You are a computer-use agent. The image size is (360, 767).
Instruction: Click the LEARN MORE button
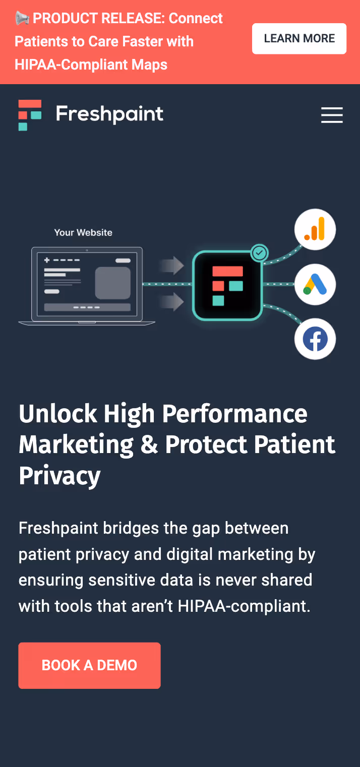[299, 38]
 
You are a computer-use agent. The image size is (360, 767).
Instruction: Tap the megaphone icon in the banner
[22, 18]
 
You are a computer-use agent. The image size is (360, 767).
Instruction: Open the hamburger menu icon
[332, 115]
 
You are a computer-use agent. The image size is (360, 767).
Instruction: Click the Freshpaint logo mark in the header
[30, 115]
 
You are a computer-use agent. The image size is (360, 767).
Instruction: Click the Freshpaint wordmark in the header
[109, 114]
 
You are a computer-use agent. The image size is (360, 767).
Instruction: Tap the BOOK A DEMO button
[89, 665]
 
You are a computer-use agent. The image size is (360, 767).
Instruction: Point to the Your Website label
[83, 232]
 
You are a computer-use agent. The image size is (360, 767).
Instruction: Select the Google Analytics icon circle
[315, 230]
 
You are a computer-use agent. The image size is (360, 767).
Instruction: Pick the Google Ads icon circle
[315, 285]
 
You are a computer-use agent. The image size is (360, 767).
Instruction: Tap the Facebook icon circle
[315, 339]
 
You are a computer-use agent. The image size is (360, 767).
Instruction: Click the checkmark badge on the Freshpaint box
[260, 252]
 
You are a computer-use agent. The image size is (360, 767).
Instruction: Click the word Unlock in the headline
[57, 414]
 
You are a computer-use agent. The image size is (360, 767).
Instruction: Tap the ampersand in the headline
[149, 445]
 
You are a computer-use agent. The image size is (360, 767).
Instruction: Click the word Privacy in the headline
[59, 476]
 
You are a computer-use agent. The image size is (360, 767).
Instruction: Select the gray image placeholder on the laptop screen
[113, 283]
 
